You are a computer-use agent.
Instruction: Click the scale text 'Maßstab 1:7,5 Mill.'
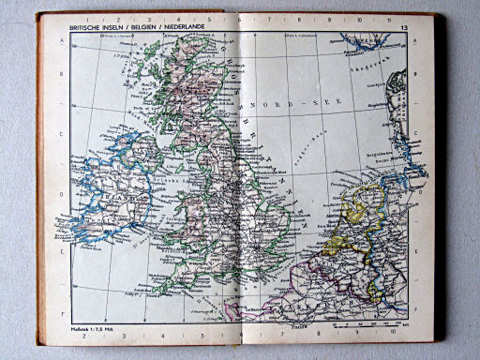pyautogui.click(x=93, y=330)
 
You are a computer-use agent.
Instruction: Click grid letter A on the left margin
pyautogui.click(x=63, y=41)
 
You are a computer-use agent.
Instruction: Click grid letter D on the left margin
pyautogui.click(x=63, y=197)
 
